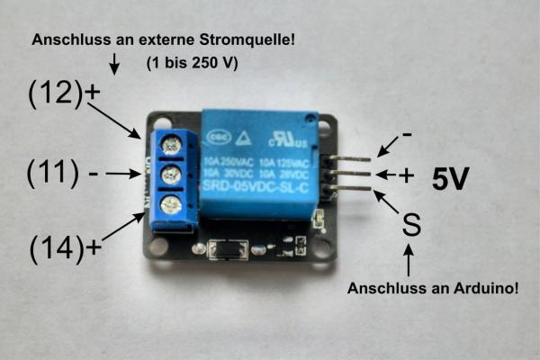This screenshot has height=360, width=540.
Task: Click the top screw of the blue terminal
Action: tap(168, 141)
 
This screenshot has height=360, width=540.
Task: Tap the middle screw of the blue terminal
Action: tap(168, 173)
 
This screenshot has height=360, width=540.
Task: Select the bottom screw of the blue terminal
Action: tap(168, 204)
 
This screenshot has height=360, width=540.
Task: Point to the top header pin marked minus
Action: tap(346, 158)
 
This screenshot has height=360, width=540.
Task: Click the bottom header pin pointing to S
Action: tap(346, 187)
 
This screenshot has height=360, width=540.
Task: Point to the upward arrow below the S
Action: tap(410, 261)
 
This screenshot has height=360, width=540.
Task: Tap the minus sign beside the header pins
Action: tap(407, 135)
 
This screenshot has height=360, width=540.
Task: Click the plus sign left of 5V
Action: tap(407, 176)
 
